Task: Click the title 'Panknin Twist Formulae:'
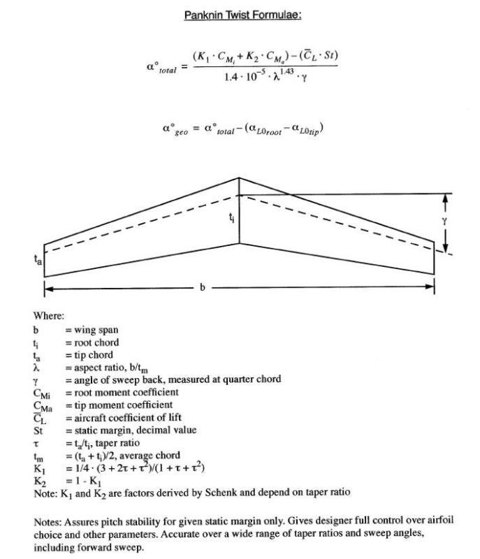(242, 14)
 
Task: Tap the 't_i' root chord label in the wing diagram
(232, 219)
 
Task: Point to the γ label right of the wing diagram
(444, 222)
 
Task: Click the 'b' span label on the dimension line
(202, 287)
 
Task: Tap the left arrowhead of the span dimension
(48, 287)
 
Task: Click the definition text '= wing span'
(92, 330)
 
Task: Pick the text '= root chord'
(92, 342)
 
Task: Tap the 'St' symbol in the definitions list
(38, 430)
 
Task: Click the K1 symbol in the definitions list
(38, 467)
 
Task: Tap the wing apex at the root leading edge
(239, 177)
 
